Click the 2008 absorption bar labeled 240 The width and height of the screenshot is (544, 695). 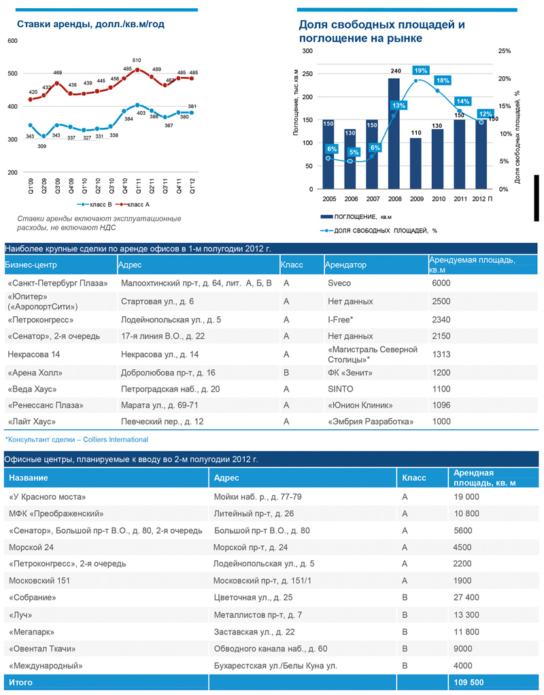(394, 133)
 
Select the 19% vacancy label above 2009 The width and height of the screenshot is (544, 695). (420, 71)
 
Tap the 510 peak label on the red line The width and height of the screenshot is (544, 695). (137, 61)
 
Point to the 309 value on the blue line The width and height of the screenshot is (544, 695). (42, 146)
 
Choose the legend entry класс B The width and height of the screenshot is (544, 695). (95, 203)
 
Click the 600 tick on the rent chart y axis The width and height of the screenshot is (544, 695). (12, 41)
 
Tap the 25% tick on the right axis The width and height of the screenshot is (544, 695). (504, 51)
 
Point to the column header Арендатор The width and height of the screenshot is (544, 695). (345, 265)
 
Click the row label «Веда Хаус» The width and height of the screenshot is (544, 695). (32, 389)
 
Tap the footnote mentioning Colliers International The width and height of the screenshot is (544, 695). (76, 440)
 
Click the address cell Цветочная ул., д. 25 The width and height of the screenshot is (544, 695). (253, 597)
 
